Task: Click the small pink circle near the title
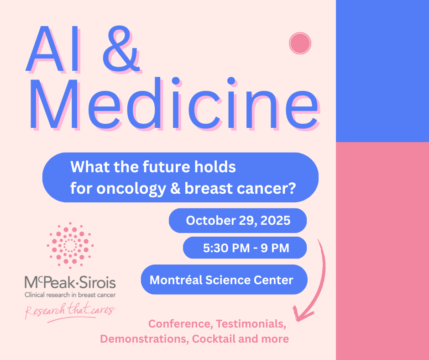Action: tap(300, 43)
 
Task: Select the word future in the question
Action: tap(166, 167)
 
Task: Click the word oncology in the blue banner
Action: tap(131, 189)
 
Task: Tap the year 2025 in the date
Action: tap(275, 221)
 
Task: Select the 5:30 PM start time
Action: tap(226, 248)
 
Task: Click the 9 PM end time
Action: tap(275, 248)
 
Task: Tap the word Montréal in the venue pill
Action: tap(176, 280)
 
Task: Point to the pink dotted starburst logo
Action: tap(70, 245)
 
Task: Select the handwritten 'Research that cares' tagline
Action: tap(70, 312)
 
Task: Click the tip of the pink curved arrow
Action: tap(297, 321)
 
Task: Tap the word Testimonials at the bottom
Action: tap(251, 324)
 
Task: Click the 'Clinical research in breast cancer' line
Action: tap(70, 295)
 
